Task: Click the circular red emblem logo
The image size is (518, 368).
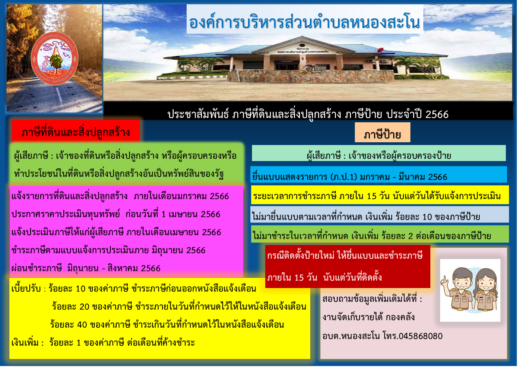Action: [x=54, y=58]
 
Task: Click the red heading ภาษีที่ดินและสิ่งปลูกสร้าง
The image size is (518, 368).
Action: [x=76, y=132]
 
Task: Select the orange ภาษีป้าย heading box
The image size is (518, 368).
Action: [x=383, y=132]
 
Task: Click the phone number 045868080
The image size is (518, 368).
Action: [x=421, y=336]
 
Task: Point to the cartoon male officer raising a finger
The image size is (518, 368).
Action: [x=457, y=290]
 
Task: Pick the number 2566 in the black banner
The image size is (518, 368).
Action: [x=437, y=114]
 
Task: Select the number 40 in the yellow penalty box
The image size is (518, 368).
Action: [x=82, y=324]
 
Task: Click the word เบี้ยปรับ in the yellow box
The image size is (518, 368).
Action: [x=26, y=289]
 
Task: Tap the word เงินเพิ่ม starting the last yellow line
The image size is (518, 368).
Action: [x=25, y=343]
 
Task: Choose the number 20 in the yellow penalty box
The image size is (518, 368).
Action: [x=85, y=306]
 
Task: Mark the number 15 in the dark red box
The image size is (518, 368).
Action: [x=299, y=277]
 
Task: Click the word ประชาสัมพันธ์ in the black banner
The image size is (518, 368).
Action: [x=198, y=114]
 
